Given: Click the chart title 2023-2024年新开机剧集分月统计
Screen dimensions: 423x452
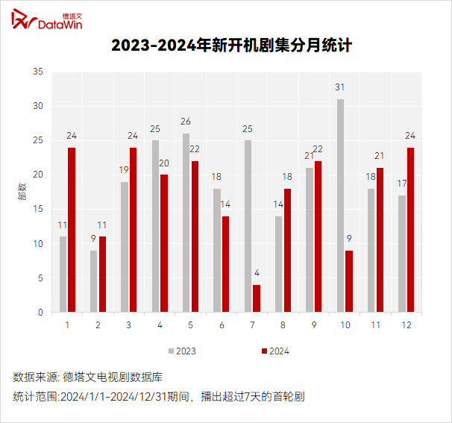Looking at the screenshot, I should tap(231, 46).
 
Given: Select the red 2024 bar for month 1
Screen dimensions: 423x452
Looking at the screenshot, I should tap(72, 230).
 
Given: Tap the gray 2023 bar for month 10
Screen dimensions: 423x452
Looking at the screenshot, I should tap(341, 206).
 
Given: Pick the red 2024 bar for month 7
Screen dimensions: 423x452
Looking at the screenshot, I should tap(257, 298).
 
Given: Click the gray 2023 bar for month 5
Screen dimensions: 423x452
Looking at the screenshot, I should tap(186, 223).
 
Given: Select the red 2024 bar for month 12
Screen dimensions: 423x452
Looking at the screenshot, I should tap(410, 230).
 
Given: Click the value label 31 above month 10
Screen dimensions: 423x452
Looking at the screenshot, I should tap(341, 87).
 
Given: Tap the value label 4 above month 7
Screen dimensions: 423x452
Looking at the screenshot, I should tap(257, 273).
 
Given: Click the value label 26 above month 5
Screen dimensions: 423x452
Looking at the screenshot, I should tap(186, 122).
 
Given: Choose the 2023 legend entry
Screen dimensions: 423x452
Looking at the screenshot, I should tap(182, 351).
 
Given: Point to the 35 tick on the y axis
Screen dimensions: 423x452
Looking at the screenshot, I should tap(38, 72).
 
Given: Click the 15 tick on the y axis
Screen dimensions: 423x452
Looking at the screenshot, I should tap(38, 210).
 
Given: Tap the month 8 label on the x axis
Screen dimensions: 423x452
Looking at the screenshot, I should tap(283, 326).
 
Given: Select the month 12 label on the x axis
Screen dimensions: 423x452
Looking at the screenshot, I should tap(407, 326).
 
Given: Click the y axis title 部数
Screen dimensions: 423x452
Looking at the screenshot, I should tap(21, 192).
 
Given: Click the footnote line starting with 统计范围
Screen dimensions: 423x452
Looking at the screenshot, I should tap(158, 397).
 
